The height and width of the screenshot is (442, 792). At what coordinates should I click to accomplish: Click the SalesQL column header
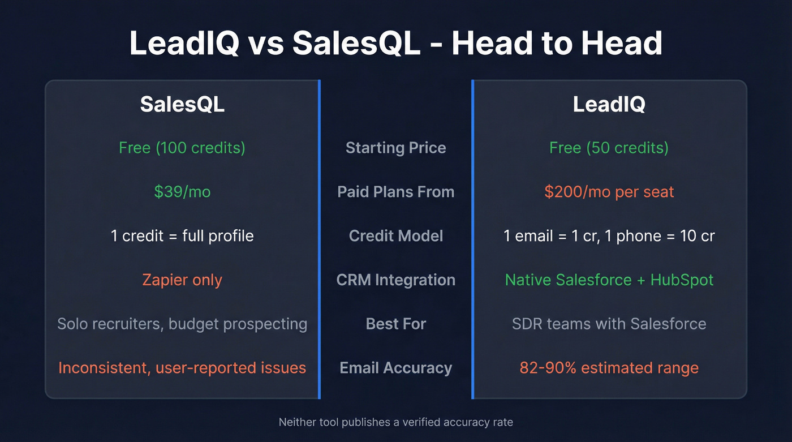(x=182, y=104)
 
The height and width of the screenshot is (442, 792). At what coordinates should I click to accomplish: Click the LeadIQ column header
(x=609, y=104)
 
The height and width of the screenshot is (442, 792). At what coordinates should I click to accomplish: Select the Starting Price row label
(x=395, y=148)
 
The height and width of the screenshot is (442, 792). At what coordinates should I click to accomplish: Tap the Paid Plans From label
(x=395, y=192)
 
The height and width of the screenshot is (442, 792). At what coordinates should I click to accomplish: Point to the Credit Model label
(x=395, y=235)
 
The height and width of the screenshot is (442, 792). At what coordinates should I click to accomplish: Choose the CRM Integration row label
(x=395, y=280)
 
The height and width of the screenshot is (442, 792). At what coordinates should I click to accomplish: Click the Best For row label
(x=395, y=324)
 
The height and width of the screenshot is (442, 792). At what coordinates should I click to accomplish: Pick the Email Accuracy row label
(x=395, y=368)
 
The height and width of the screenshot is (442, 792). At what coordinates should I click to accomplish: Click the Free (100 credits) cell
(x=182, y=148)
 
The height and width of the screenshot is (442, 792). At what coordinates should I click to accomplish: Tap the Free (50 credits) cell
(x=609, y=148)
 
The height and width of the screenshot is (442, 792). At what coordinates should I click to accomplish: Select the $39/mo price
(x=182, y=192)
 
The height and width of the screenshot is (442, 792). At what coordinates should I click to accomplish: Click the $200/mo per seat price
(x=609, y=192)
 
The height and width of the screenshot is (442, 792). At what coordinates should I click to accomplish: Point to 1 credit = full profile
(x=182, y=235)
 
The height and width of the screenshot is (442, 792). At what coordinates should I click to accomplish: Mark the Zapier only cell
(x=182, y=280)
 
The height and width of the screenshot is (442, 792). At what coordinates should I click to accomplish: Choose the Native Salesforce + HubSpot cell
(x=609, y=280)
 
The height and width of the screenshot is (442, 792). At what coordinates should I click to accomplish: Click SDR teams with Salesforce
(x=609, y=324)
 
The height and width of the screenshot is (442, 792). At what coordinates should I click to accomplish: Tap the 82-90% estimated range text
(x=609, y=368)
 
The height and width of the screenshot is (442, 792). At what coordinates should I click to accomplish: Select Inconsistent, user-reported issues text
(x=182, y=368)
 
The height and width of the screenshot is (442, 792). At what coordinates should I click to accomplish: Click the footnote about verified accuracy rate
(x=395, y=422)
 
